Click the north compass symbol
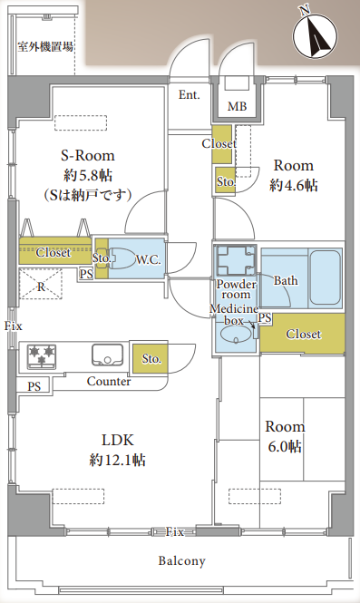point(315,34)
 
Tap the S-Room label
point(88,156)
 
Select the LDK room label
point(117,440)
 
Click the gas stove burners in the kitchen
point(42,355)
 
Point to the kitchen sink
point(107,355)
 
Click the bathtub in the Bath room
point(325,277)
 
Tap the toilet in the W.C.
point(122,258)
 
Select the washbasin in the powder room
point(236,334)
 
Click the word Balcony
point(182,561)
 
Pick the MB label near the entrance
point(237,106)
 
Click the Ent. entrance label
point(190,94)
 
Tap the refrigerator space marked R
point(41,284)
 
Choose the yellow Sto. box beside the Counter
point(151,358)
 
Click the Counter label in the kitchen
point(109,381)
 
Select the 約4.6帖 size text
point(294,186)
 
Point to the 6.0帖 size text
point(285,447)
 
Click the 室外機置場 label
point(45,47)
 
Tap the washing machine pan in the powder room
point(236,260)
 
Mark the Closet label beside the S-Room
point(54,253)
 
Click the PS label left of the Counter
point(34,386)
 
